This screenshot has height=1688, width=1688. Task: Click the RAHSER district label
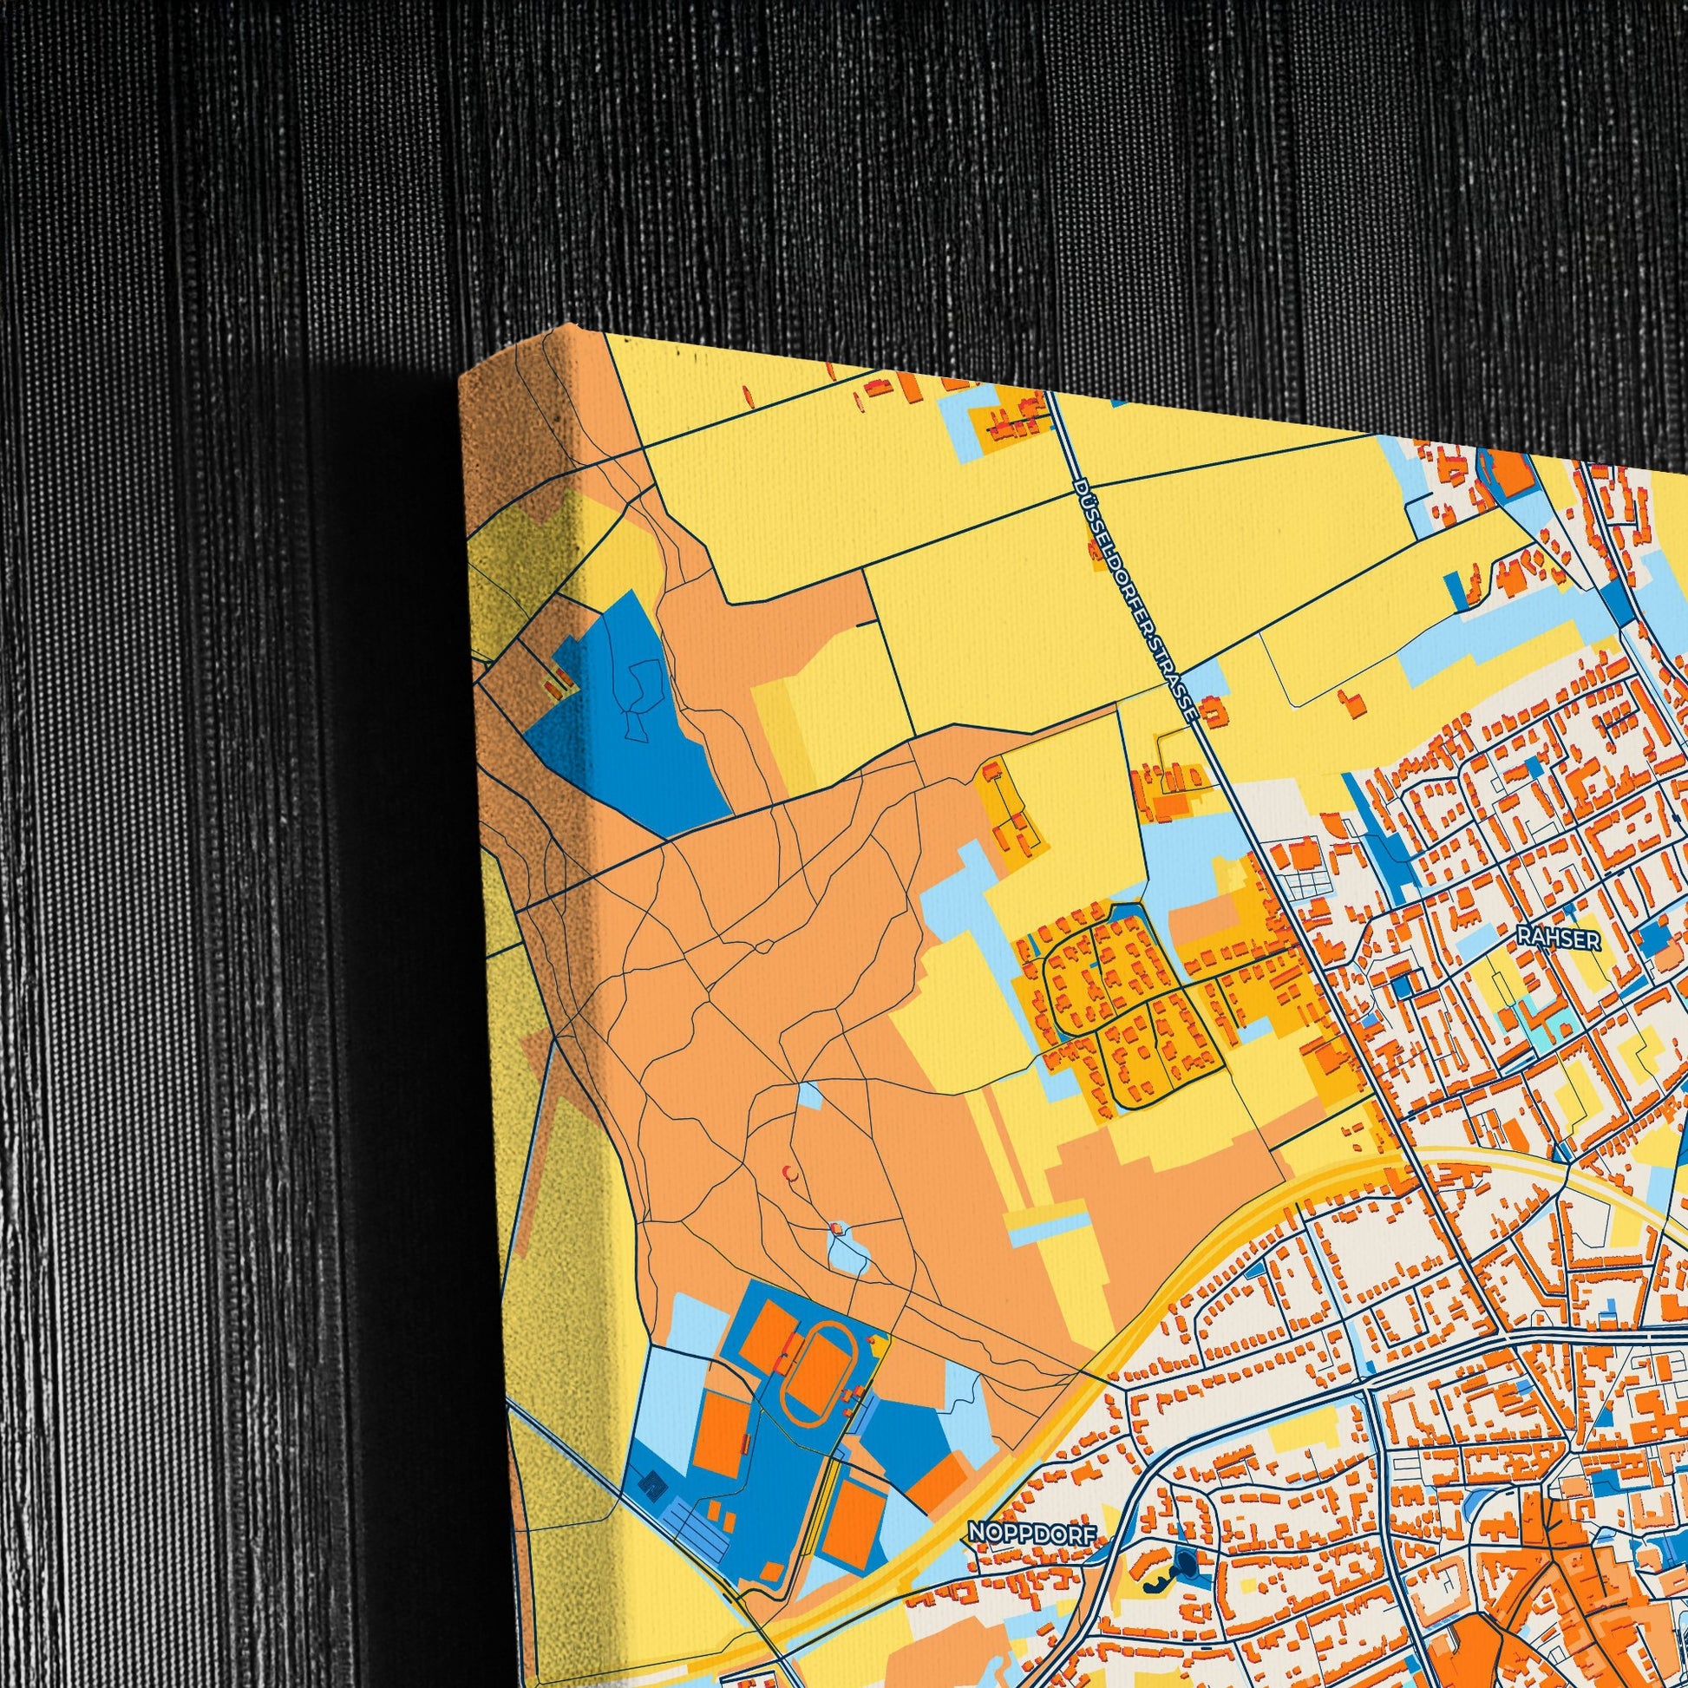[x=1547, y=939]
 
